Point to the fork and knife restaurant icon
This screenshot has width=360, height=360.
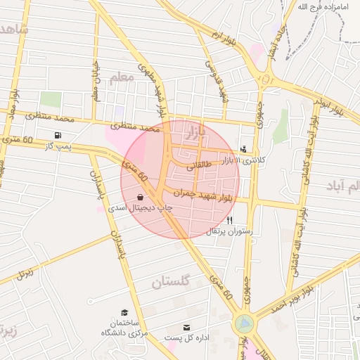tap(229, 220)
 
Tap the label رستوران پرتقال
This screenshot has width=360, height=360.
tap(229, 231)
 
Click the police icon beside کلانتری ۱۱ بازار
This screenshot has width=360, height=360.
tap(243, 149)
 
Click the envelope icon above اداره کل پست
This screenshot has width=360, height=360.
tap(186, 327)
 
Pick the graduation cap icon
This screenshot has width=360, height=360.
tap(124, 312)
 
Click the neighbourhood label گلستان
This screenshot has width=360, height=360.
tap(170, 283)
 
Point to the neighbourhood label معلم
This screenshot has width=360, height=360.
tap(120, 77)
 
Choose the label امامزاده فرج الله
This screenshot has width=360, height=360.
tap(324, 6)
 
